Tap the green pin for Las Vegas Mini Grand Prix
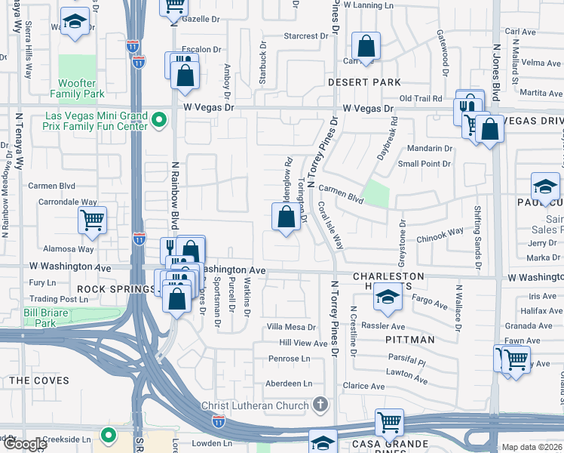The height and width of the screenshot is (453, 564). coord(159,120)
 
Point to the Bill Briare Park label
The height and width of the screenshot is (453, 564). coord(39,317)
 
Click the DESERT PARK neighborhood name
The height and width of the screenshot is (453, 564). coord(354,82)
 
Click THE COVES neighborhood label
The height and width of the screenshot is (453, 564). coord(38,381)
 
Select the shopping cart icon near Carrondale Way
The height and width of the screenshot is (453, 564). coord(92,220)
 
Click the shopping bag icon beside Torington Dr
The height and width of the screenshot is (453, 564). coord(286,217)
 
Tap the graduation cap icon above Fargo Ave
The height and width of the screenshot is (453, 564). coord(387,299)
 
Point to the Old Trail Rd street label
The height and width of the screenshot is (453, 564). coord(420,98)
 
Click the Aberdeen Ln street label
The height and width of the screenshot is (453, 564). coord(287,384)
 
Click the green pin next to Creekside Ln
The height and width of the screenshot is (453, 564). coord(109,435)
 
